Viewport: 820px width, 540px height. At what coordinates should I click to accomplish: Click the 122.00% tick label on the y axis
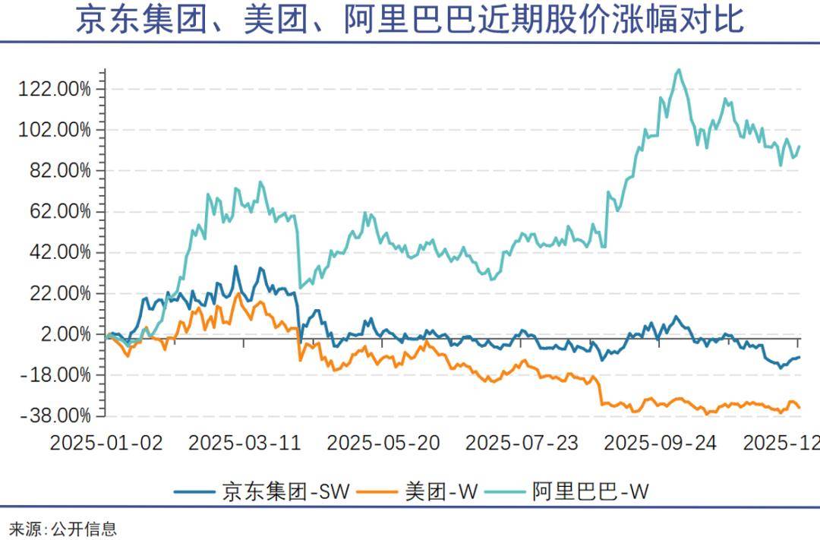[54, 89]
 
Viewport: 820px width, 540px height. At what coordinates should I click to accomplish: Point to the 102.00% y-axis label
[54, 130]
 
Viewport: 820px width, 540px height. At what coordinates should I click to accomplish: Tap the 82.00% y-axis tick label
[58, 171]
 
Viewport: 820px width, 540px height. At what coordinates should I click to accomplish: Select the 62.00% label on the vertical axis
[58, 212]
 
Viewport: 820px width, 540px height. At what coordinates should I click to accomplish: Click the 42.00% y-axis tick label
[58, 253]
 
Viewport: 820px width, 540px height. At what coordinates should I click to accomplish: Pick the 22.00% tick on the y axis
[58, 294]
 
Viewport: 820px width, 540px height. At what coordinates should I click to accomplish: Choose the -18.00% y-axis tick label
[55, 375]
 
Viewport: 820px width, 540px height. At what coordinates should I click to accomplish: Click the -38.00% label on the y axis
[55, 416]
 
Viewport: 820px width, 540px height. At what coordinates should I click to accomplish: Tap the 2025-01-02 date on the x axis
[106, 443]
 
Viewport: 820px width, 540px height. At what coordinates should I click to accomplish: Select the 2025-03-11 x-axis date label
[244, 443]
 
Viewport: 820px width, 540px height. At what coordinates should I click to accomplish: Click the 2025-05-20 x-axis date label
[383, 443]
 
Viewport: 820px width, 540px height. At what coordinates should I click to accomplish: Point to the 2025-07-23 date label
[522, 443]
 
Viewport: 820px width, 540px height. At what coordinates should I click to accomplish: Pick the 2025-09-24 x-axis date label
[661, 443]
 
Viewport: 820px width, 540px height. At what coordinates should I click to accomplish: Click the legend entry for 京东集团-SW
[285, 491]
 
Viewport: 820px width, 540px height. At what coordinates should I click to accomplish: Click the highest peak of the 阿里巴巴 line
[678, 70]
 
